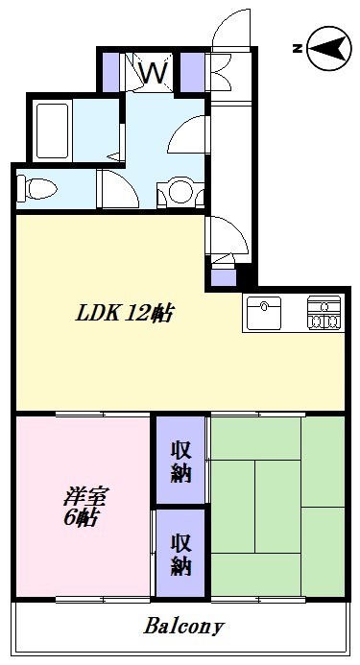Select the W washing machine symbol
pyautogui.click(x=154, y=70)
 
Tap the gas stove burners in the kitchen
pyautogui.click(x=324, y=314)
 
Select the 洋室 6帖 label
pyautogui.click(x=84, y=508)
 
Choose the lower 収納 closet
pyautogui.click(x=180, y=552)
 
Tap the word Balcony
pyautogui.click(x=184, y=628)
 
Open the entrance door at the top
pyautogui.click(x=230, y=29)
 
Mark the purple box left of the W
pyautogui.click(x=111, y=70)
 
